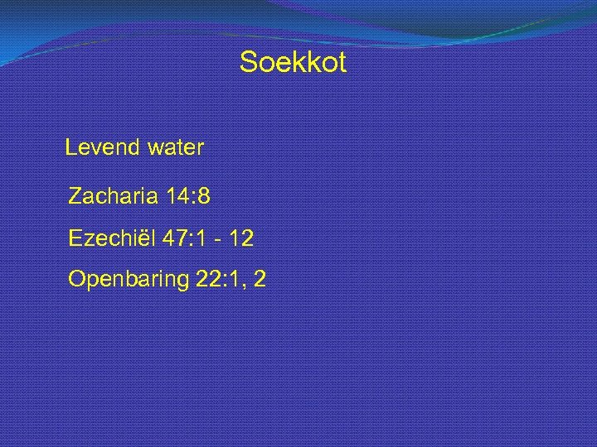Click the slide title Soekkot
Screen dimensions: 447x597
[x=293, y=62]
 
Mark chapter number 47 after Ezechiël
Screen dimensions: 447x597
[x=175, y=238]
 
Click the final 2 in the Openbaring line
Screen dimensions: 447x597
[x=260, y=280]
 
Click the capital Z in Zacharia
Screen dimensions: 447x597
[x=75, y=197]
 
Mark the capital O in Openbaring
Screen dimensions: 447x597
[x=77, y=280]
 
